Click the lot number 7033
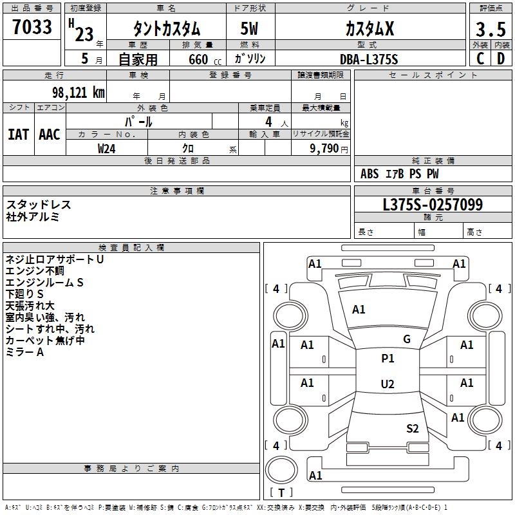coord(32,27)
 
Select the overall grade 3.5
coord(491,30)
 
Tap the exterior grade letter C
coord(480,59)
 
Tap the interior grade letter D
coord(501,59)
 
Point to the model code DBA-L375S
coord(369,59)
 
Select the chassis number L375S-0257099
coord(433,205)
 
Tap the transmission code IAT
coord(18,134)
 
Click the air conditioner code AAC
coord(49,134)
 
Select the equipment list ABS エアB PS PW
coord(400,174)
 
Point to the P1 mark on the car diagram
coord(388,359)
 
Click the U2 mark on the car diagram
coord(388,384)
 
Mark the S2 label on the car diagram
coord(413,428)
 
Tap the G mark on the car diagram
coord(407,339)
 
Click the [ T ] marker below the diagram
coord(281,492)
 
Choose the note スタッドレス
coord(39,205)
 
